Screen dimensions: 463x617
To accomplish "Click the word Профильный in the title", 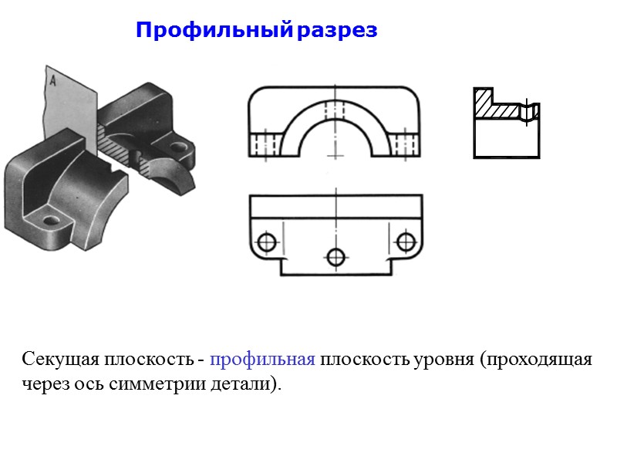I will point(214,31).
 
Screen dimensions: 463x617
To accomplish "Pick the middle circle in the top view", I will point(335,256).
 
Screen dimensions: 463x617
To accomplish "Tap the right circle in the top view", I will point(405,242).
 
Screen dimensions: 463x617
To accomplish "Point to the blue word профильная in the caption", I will point(261,360).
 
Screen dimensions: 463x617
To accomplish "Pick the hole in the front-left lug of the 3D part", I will point(51,221).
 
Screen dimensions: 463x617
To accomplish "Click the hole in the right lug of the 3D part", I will point(179,146).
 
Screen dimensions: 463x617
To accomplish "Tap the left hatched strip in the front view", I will point(264,144).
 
